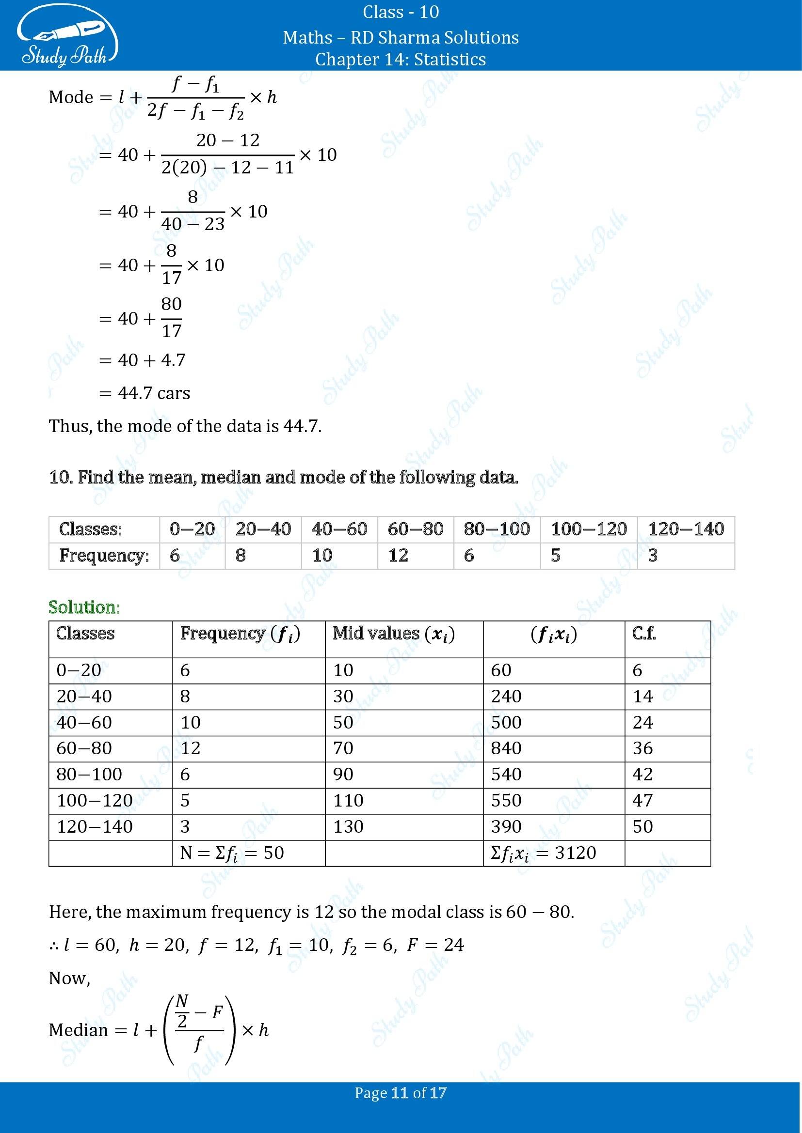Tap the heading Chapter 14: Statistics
coord(401,59)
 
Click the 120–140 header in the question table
coord(686,529)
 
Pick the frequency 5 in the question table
coord(556,556)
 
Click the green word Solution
coord(84,607)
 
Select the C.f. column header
coord(644,634)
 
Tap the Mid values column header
coord(394,634)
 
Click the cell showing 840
coord(506,748)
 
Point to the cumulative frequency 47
coord(642,800)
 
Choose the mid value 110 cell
coord(348,800)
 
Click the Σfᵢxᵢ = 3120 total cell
coord(543,853)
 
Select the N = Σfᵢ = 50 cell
coord(232,853)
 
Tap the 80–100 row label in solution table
coord(89,774)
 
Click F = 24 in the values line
coord(435,945)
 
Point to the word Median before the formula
coord(78,1030)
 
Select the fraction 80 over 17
coord(171,317)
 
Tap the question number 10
coord(57,477)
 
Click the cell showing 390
coord(506,826)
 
